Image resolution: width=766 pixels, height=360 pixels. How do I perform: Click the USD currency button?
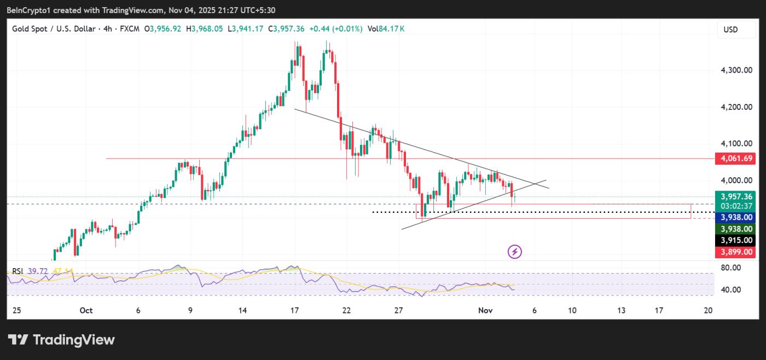tap(730, 30)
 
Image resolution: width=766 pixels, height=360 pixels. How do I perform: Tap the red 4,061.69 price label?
tap(736, 159)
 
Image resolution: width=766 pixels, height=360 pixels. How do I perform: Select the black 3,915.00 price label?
tap(736, 240)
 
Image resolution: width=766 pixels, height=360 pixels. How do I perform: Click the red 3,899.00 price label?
tap(736, 252)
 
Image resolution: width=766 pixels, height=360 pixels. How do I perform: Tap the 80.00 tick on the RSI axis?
tap(731, 268)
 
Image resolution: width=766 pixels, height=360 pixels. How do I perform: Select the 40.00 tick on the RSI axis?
tap(731, 290)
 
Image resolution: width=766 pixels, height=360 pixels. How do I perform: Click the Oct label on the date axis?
tap(86, 310)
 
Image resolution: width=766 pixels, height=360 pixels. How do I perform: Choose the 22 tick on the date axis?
tap(346, 310)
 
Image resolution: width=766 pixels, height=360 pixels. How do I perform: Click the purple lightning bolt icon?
tap(515, 252)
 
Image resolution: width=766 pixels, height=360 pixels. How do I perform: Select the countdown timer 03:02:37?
tap(736, 206)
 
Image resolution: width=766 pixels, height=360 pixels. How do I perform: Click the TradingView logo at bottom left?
tap(61, 340)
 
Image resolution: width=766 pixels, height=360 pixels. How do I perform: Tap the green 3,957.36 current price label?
tap(736, 196)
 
